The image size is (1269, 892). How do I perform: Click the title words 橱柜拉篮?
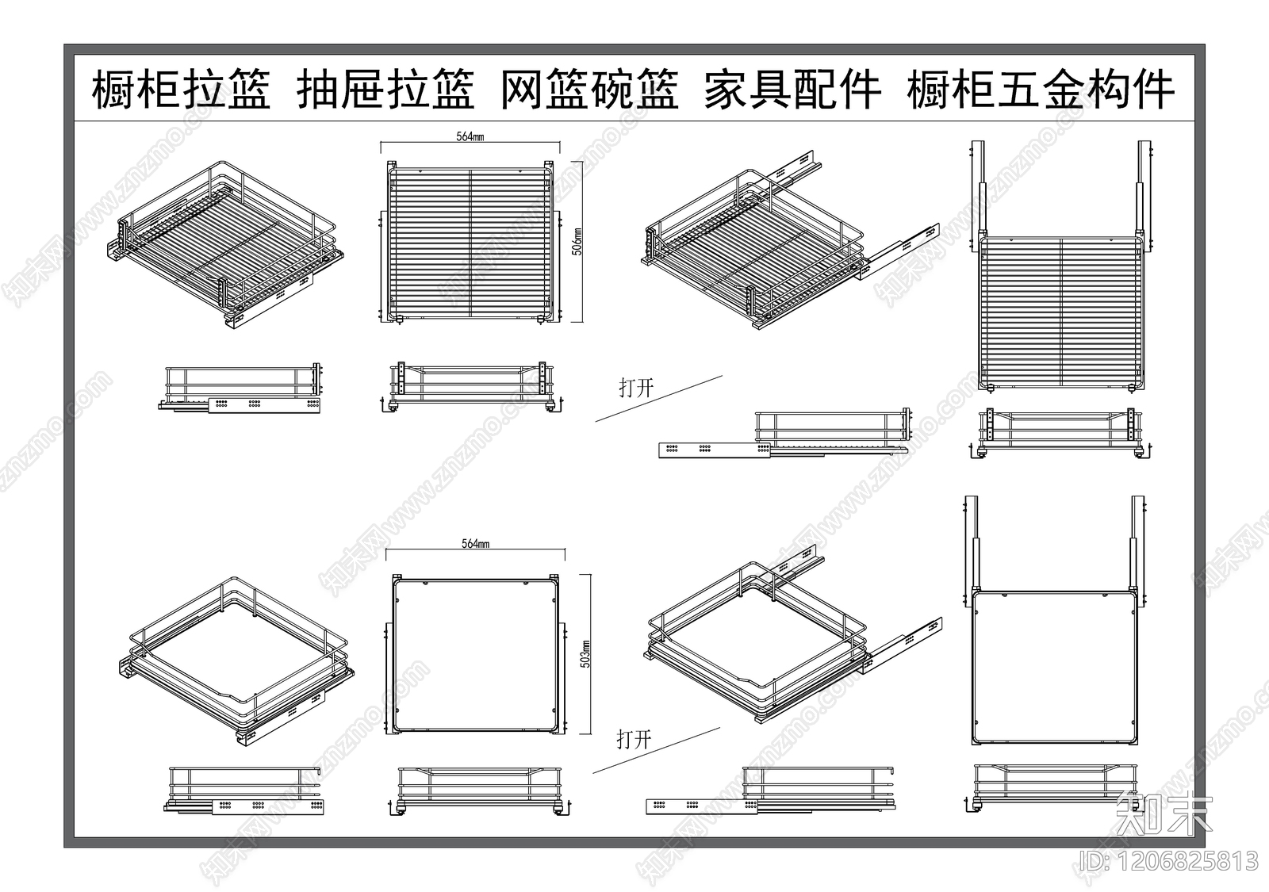(x=182, y=89)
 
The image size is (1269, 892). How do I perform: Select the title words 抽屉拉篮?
(x=385, y=89)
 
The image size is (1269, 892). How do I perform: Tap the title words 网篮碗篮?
(x=589, y=89)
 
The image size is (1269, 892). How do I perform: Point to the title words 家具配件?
(x=792, y=89)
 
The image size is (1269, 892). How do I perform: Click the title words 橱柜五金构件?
(x=1041, y=89)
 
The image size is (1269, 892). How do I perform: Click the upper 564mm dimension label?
(x=470, y=136)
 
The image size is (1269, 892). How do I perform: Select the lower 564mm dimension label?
(x=475, y=544)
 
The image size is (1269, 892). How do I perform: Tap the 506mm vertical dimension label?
(x=577, y=242)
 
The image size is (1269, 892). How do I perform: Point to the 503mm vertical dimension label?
(x=585, y=654)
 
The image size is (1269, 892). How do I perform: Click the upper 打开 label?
(x=636, y=388)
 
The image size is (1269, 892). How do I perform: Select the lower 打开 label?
(x=634, y=740)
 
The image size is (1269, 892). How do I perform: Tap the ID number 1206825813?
(x=1169, y=860)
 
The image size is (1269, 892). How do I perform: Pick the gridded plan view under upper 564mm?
(x=470, y=242)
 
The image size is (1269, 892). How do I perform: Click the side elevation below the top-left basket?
(x=242, y=389)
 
